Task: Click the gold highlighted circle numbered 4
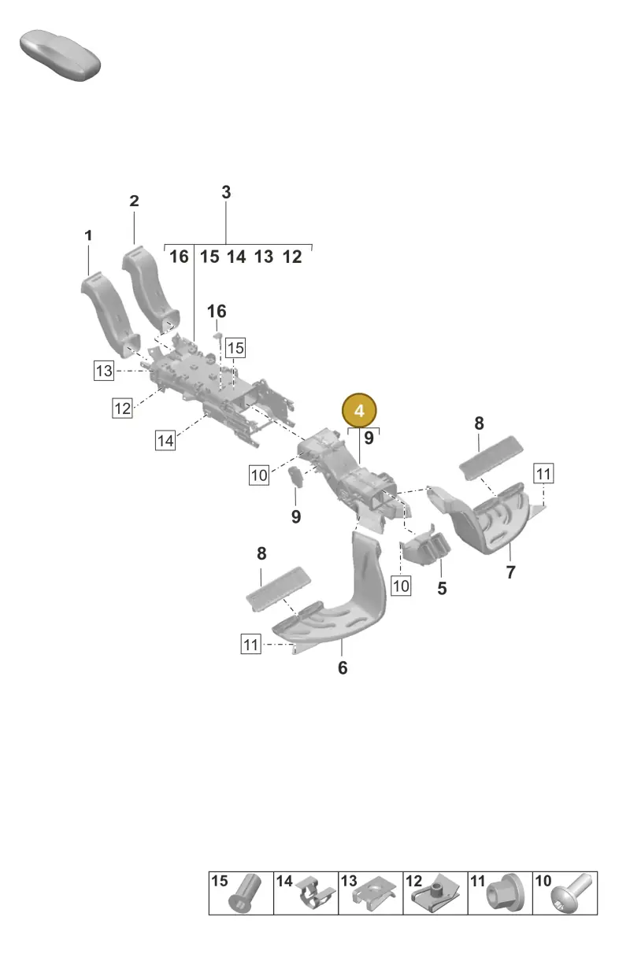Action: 359,411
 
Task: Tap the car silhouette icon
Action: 60,55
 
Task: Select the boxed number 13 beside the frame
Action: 104,371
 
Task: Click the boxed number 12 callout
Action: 122,408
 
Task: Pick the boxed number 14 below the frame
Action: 165,440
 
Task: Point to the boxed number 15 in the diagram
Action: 235,348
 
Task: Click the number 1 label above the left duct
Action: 88,235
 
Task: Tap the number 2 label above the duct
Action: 134,201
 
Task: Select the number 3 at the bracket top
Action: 226,192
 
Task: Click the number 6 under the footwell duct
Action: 343,667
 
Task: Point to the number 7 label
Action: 511,572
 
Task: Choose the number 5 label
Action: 442,588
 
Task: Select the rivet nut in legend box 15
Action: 246,893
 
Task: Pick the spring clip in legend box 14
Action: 314,893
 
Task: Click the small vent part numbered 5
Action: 425,546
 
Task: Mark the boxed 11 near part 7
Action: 543,473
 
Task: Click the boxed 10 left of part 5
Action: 401,586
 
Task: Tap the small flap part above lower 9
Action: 296,478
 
